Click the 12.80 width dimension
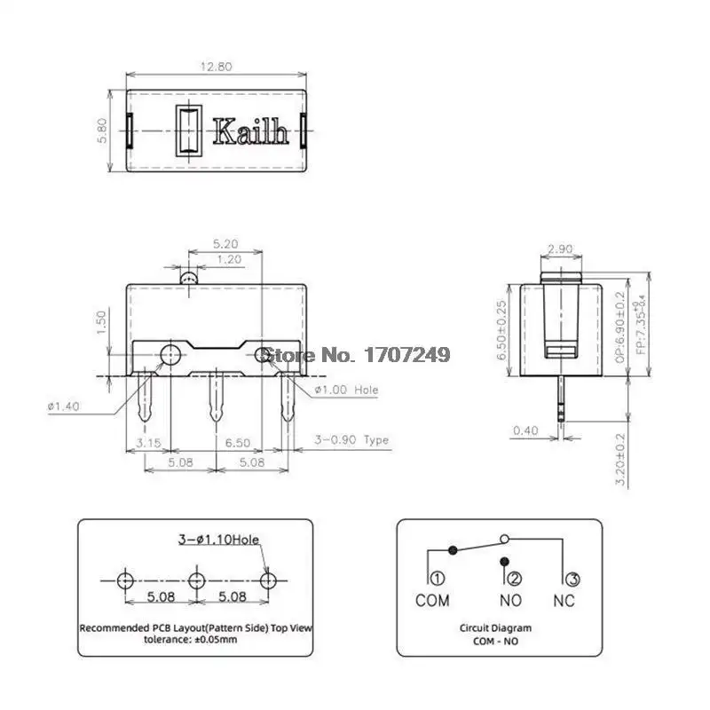pyautogui.click(x=217, y=67)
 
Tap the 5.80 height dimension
pyautogui.click(x=102, y=130)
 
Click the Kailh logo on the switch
pyautogui.click(x=250, y=131)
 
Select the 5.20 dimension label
pyautogui.click(x=225, y=244)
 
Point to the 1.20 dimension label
pyautogui.click(x=229, y=259)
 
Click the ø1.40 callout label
pyautogui.click(x=63, y=406)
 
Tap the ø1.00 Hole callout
pyautogui.click(x=346, y=390)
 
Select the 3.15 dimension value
pyautogui.click(x=148, y=442)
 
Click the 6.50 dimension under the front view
pyautogui.click(x=238, y=442)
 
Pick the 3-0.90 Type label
pyautogui.click(x=351, y=439)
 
